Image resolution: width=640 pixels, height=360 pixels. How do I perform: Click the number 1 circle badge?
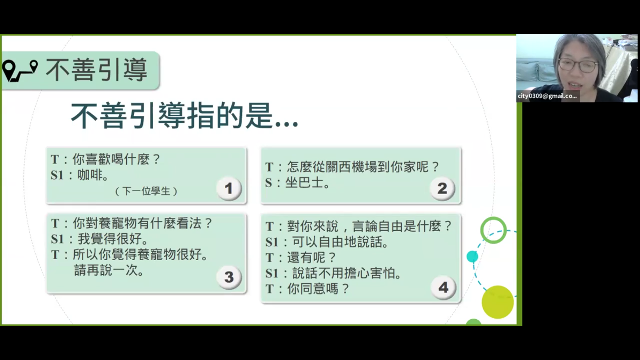pos(229,188)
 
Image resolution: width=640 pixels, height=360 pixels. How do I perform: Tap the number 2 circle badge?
pos(442,188)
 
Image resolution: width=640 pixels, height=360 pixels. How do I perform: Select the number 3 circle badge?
pos(229,277)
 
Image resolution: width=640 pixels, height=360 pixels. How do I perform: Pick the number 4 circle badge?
pos(443,287)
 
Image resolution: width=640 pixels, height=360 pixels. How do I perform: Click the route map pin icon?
pos(20,71)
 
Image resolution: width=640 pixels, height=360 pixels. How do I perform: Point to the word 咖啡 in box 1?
pos(89,175)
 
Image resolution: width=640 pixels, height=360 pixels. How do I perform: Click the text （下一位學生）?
pos(146,191)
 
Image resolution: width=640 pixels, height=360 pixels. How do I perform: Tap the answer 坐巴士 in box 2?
pos(304,182)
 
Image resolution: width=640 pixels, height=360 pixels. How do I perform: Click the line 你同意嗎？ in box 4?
pos(318,289)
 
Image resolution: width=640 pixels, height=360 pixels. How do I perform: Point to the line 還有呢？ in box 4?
pos(312,258)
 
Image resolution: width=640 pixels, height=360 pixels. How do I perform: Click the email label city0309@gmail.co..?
pos(547,96)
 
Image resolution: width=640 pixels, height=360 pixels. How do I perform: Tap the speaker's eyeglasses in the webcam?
pos(578,65)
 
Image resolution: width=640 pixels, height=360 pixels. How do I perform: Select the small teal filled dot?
pos(472,256)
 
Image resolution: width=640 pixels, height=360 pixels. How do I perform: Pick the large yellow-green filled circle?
pos(498,302)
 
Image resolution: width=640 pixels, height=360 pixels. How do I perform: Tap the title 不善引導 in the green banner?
pos(97,70)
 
